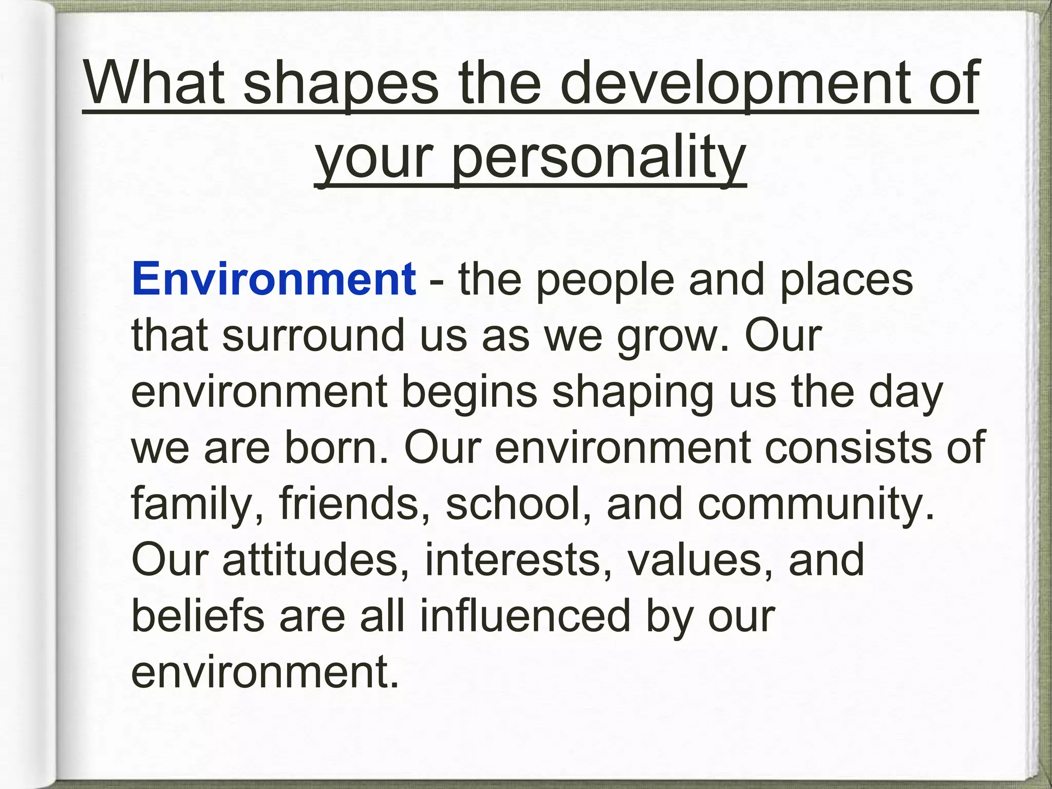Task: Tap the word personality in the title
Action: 598,157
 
